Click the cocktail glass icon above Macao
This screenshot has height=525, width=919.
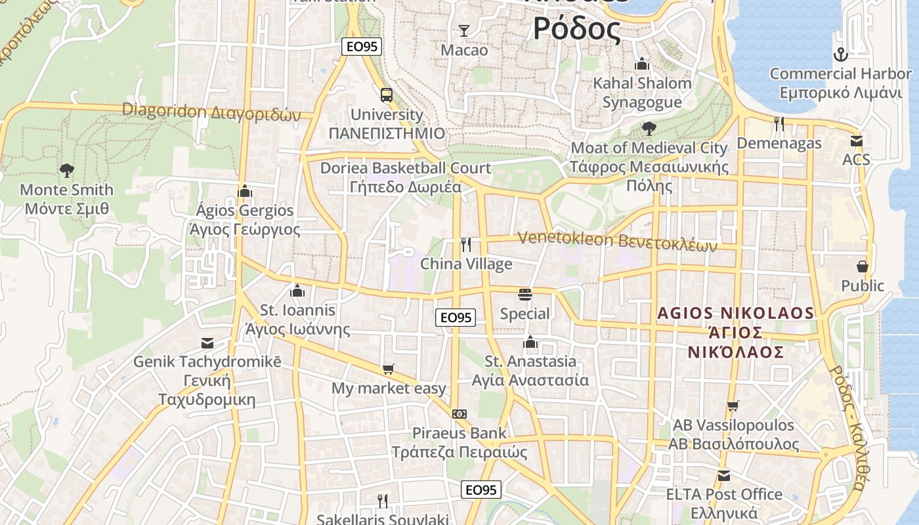(x=464, y=30)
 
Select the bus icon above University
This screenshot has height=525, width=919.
(x=387, y=94)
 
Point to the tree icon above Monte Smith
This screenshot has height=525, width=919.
(x=66, y=171)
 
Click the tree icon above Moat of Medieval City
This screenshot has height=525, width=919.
(x=649, y=128)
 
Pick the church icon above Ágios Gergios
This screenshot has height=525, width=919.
(x=245, y=191)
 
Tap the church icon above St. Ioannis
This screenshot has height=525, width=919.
(x=297, y=290)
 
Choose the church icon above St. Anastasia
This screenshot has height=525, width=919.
(x=530, y=341)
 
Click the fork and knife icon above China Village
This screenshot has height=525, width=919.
(x=466, y=245)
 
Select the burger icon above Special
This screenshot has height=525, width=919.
(x=524, y=294)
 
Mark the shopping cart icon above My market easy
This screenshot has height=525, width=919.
(x=388, y=369)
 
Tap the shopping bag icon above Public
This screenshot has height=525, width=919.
(x=863, y=266)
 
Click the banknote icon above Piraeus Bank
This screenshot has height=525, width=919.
(x=460, y=413)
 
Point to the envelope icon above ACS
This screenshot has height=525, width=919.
(x=856, y=140)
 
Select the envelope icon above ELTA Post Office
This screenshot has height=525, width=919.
(x=723, y=475)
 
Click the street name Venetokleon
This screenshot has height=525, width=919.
(x=564, y=238)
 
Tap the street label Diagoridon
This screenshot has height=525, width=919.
(x=163, y=110)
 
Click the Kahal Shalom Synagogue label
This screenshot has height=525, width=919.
(x=642, y=93)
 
